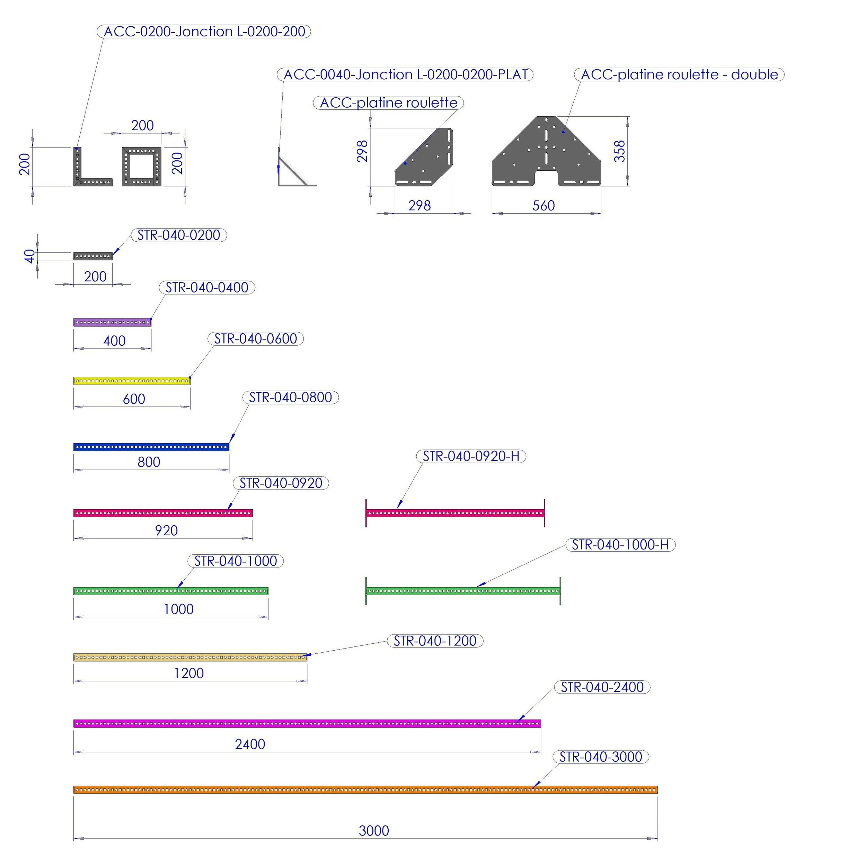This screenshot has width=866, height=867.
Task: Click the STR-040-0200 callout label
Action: [x=179, y=235]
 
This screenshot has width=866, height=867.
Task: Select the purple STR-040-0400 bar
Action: [x=112, y=322]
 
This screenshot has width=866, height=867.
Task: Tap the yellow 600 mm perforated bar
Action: [x=132, y=381]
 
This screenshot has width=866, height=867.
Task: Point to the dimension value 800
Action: [x=149, y=462]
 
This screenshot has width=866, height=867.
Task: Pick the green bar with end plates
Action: [x=463, y=591]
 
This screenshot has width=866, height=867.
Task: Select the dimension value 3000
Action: [x=373, y=831]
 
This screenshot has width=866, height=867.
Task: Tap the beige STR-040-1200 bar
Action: [x=190, y=658]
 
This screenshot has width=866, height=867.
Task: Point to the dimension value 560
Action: [x=543, y=206]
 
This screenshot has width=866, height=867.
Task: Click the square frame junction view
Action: [x=142, y=166]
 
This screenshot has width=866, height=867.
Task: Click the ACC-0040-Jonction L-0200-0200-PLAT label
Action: [x=405, y=74]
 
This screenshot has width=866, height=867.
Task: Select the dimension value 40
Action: [x=29, y=256]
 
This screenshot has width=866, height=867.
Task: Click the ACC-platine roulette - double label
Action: [x=679, y=74]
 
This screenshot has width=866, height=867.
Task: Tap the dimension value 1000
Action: [x=179, y=609]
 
